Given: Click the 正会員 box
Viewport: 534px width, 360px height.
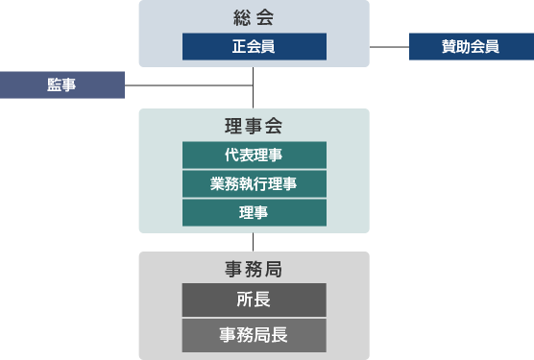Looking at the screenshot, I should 254,46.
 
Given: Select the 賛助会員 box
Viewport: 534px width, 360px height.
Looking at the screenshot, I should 471,46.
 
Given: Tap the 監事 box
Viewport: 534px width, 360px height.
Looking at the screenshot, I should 61,85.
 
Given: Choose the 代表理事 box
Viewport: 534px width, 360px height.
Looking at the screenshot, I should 254,156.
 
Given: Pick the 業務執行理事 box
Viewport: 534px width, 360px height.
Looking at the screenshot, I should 254,184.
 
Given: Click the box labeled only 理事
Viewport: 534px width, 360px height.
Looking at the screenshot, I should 254,213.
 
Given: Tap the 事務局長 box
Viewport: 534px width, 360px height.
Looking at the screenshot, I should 254,336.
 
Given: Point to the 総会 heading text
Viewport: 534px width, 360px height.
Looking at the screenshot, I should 254,17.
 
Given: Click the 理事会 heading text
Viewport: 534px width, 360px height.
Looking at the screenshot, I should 254,126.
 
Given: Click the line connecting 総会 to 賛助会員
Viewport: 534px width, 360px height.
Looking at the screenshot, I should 389,46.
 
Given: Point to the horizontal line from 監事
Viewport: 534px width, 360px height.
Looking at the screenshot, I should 188,85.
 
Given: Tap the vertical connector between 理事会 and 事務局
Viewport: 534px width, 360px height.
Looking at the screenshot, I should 254,242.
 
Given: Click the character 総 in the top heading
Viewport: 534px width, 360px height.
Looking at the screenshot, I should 242,17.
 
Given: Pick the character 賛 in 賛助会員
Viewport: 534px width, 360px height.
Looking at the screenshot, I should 449,46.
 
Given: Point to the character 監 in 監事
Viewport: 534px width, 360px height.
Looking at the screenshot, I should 54,85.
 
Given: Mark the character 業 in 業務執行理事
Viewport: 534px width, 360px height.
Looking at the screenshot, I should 217,184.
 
